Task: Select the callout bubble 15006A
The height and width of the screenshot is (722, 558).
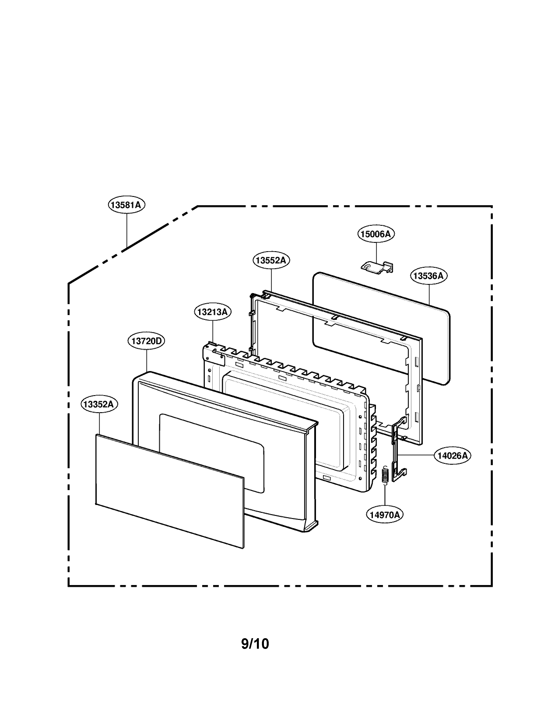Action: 376,234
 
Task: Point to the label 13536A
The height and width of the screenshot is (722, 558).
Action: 429,276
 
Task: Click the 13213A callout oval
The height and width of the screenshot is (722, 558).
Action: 212,312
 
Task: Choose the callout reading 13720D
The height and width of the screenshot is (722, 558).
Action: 146,341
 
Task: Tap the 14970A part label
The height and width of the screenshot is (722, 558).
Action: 385,515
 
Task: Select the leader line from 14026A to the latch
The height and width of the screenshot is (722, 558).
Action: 416,456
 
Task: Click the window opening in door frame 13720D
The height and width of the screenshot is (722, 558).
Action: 212,453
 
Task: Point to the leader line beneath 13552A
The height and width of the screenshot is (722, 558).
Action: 271,279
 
